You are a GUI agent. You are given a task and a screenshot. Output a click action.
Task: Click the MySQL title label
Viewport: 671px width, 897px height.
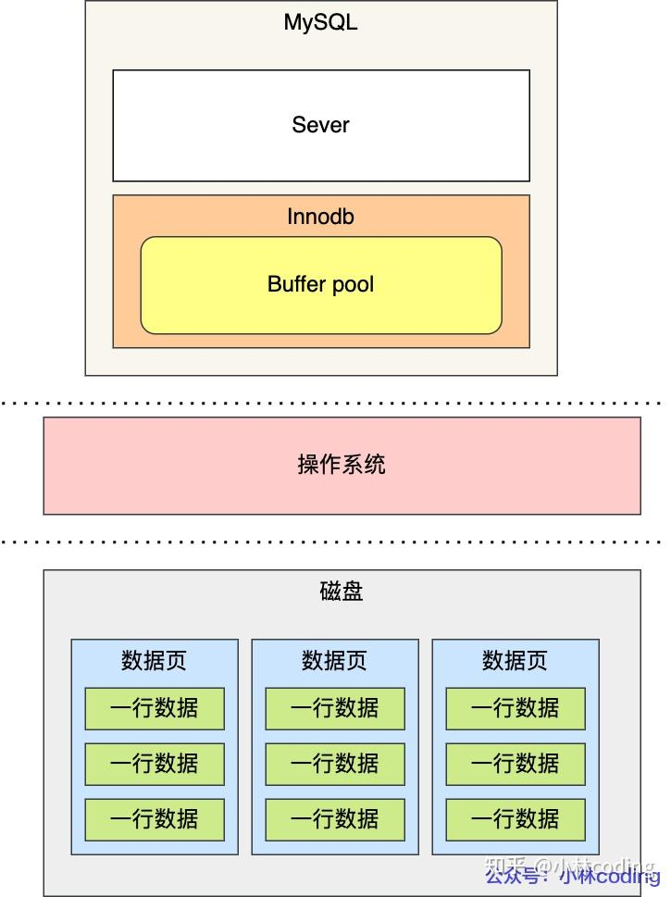[x=320, y=22]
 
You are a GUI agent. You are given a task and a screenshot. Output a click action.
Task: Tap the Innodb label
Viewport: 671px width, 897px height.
[x=320, y=217]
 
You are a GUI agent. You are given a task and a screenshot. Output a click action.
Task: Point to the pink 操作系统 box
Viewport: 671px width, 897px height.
[x=342, y=465]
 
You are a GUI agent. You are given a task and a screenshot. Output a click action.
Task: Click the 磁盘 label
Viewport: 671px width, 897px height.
[x=342, y=592]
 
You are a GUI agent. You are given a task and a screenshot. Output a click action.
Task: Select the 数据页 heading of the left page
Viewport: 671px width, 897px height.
[x=154, y=660]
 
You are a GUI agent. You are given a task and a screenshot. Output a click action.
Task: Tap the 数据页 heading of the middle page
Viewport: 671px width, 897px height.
[x=334, y=660]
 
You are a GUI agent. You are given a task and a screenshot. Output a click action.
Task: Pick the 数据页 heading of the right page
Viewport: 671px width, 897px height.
[x=515, y=660]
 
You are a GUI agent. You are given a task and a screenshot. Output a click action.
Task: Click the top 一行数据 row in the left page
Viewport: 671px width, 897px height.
[x=155, y=708]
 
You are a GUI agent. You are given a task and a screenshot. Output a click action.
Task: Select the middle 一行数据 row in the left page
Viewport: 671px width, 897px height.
[x=155, y=764]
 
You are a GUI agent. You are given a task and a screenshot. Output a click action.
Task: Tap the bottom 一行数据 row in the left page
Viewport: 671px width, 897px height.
[x=155, y=819]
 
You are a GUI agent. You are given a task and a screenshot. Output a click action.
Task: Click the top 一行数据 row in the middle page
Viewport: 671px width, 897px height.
[x=335, y=708]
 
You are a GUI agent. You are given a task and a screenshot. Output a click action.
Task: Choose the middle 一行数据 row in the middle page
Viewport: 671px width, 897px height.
[x=335, y=764]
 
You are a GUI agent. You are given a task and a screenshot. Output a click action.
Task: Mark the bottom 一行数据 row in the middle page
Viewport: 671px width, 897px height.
[x=335, y=819]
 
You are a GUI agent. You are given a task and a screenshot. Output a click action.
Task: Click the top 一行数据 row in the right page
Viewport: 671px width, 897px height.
[x=516, y=708]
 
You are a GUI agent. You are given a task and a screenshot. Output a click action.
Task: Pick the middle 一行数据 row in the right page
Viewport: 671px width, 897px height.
[x=516, y=764]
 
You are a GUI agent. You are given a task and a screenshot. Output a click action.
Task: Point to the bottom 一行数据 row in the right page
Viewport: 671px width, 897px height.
[x=516, y=819]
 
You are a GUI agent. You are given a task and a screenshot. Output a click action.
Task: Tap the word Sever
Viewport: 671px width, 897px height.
[x=320, y=124]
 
